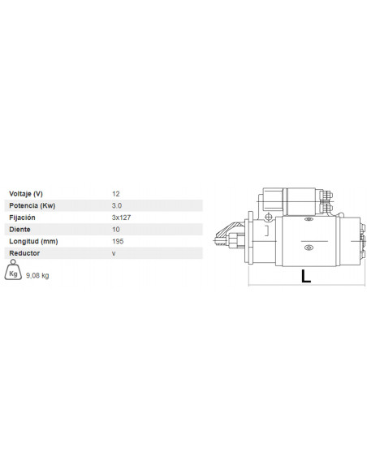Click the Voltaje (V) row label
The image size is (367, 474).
(26, 194)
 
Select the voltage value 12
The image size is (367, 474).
(116, 194)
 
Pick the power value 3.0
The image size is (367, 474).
(117, 206)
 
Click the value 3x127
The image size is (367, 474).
(120, 218)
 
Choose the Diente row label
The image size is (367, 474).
(19, 230)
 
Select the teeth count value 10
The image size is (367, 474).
(116, 230)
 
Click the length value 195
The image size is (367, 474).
(118, 242)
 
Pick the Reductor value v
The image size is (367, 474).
(114, 254)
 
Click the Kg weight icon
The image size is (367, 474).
(14, 274)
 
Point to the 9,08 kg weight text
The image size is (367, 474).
(38, 276)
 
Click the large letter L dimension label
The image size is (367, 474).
(305, 276)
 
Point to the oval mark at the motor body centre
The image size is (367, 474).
(309, 248)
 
